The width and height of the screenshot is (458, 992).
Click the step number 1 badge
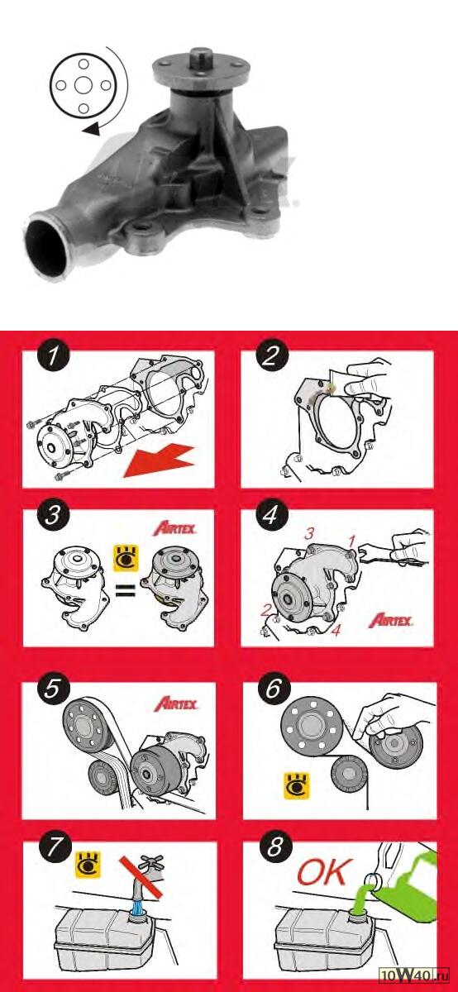(x=53, y=356)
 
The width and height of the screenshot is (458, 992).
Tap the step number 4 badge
(x=270, y=514)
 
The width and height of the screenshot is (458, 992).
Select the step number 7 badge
(x=54, y=847)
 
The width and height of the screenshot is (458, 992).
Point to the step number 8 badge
(x=275, y=847)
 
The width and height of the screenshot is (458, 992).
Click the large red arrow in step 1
(x=159, y=461)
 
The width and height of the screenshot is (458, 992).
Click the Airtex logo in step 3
(x=174, y=529)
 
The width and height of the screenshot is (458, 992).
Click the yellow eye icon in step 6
(x=296, y=785)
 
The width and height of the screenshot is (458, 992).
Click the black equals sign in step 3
(x=125, y=590)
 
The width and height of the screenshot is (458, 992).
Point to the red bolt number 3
(x=308, y=534)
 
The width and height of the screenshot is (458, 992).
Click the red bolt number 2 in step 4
(x=265, y=611)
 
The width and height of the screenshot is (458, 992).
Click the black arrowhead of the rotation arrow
(x=92, y=129)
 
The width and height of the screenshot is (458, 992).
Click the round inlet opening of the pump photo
(x=46, y=247)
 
